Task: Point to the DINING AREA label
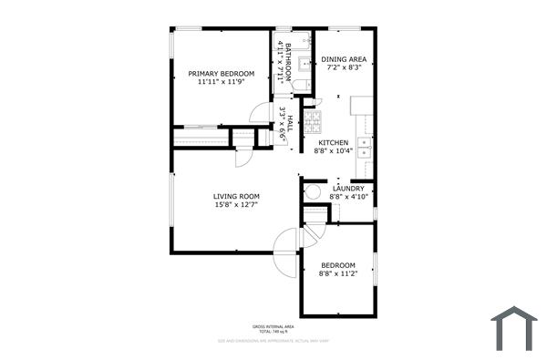coord(346,59)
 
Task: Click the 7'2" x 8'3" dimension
coord(346,67)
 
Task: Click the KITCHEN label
coord(333,143)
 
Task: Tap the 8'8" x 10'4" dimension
coord(333,151)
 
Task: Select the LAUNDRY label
coord(347,189)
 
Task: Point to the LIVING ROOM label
coord(237,197)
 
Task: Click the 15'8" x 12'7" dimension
coord(237,205)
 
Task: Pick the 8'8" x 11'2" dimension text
coord(337,273)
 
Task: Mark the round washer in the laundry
coord(312,192)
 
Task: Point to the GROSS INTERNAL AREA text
coord(273,325)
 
